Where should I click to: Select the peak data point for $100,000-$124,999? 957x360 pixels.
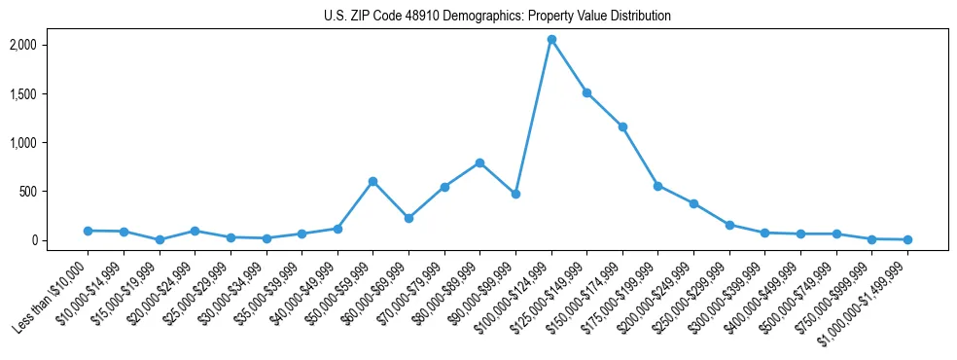pos(551,40)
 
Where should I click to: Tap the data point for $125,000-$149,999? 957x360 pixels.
pos(586,92)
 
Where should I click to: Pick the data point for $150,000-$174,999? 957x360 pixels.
pos(622,126)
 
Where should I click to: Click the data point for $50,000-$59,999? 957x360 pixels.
pos(372,181)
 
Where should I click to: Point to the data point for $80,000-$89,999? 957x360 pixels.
pos(479,162)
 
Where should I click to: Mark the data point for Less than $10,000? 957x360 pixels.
pos(88,231)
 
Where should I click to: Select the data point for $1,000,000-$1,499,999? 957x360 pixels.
pos(907,239)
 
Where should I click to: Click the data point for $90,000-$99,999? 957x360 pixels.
pos(515,194)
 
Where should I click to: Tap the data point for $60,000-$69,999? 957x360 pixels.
pos(408,218)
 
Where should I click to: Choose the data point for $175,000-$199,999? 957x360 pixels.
pos(658,186)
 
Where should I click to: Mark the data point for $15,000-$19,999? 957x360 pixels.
pos(159,239)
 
